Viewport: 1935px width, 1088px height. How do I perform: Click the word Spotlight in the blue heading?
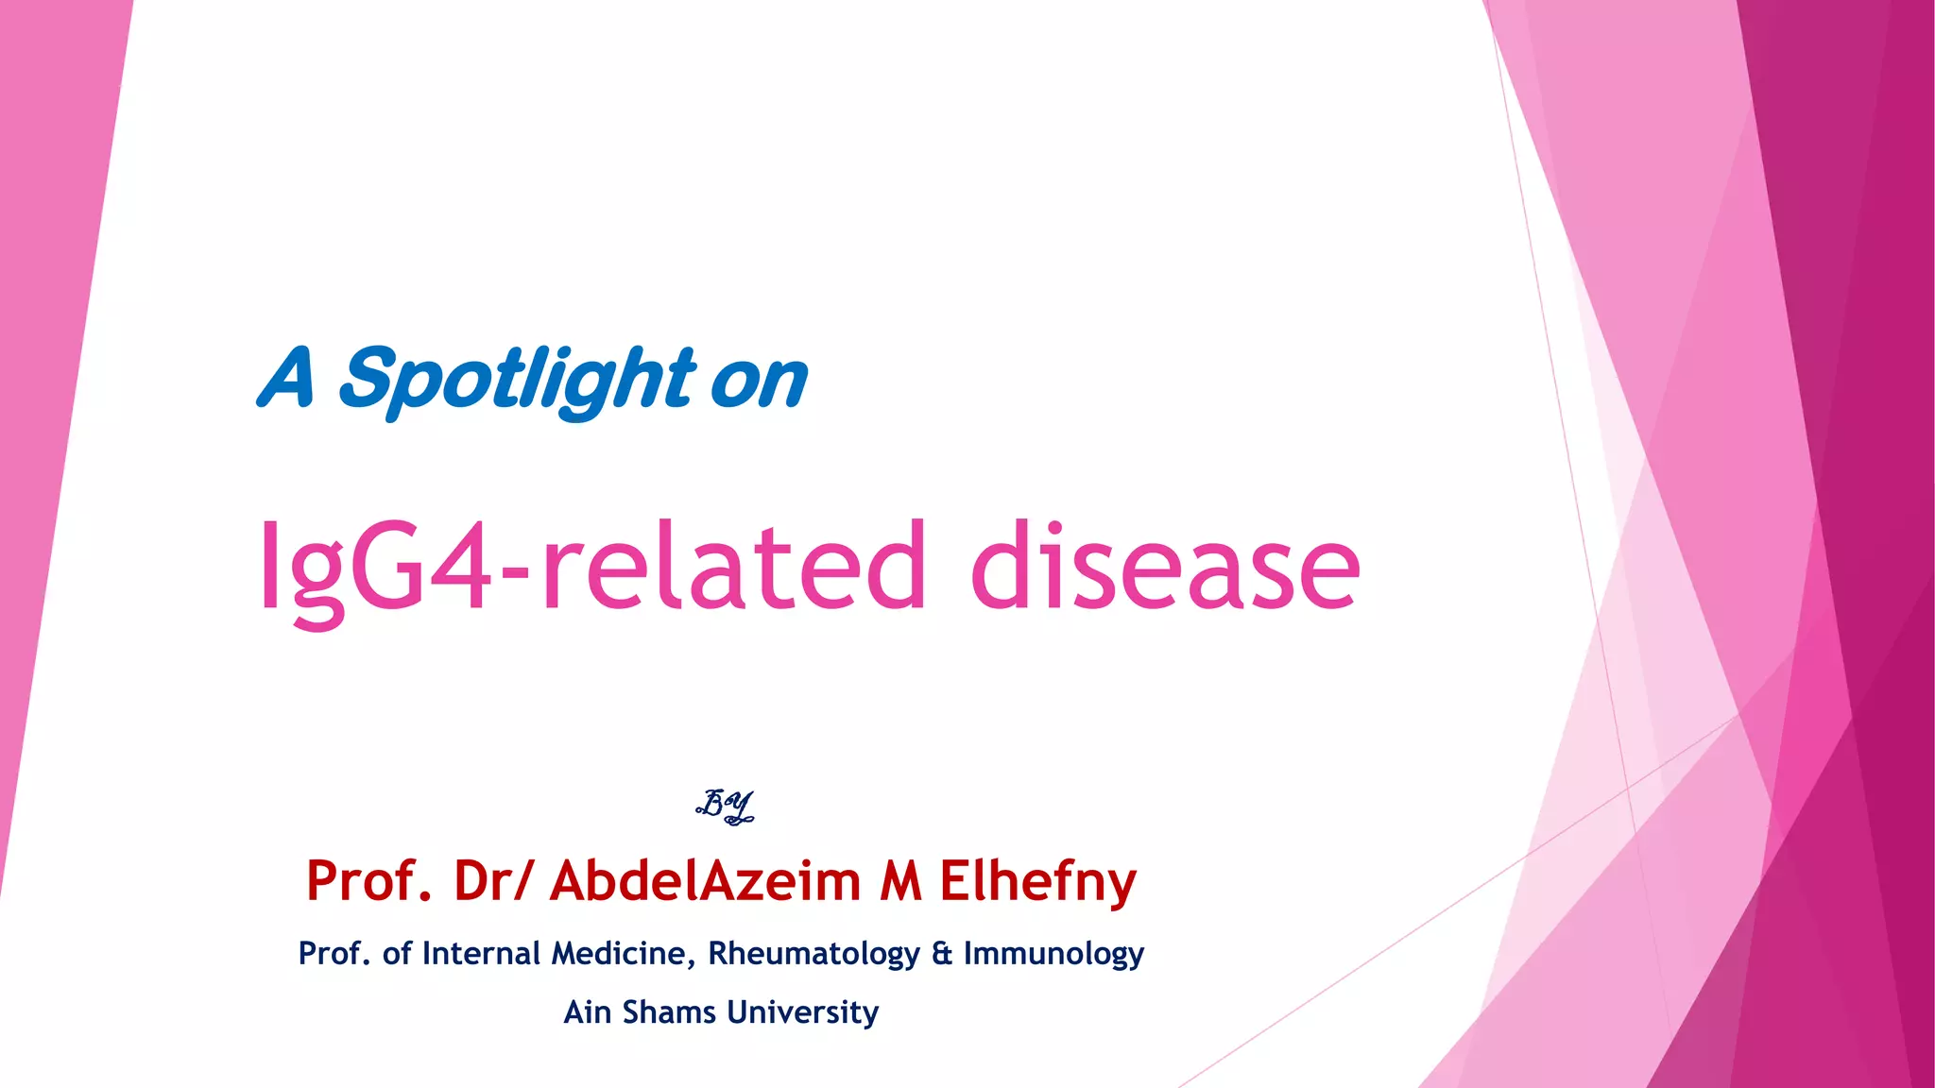pyautogui.click(x=517, y=380)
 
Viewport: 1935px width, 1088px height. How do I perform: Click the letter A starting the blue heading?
pyautogui.click(x=285, y=378)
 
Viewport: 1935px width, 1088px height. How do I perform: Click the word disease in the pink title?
pyautogui.click(x=1165, y=567)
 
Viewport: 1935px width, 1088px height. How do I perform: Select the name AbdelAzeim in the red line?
pyautogui.click(x=705, y=881)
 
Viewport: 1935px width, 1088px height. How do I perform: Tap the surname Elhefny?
pyautogui.click(x=1037, y=881)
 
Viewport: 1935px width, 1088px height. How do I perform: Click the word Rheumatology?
pyautogui.click(x=813, y=954)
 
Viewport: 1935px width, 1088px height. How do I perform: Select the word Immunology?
pyautogui.click(x=1053, y=954)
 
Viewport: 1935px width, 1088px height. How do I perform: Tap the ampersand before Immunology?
pyautogui.click(x=941, y=954)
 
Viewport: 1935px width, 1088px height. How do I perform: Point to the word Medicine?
pyautogui.click(x=624, y=954)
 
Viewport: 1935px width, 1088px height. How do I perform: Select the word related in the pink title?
pyautogui.click(x=733, y=567)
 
